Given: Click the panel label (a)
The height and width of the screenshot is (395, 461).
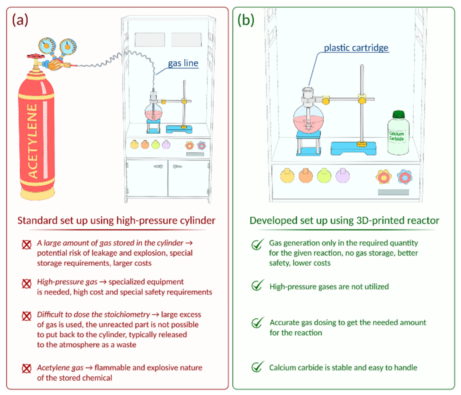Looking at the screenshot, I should pyautogui.click(x=20, y=20).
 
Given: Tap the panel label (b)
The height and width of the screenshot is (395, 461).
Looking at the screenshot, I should pyautogui.click(x=246, y=20).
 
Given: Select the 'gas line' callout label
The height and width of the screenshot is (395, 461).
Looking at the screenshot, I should pyautogui.click(x=183, y=63).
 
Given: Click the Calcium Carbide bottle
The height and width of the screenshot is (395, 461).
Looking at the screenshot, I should pyautogui.click(x=398, y=135).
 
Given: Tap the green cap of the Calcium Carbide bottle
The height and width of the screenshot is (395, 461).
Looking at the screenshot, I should pyautogui.click(x=399, y=114).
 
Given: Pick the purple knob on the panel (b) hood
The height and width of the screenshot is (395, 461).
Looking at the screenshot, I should pyautogui.click(x=342, y=176).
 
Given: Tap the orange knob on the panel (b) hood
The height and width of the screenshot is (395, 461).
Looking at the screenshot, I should pyautogui.click(x=306, y=176).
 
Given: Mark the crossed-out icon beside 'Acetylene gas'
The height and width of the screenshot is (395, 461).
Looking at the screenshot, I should pyautogui.click(x=26, y=368).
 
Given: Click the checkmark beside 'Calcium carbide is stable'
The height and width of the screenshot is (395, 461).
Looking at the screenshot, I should pyautogui.click(x=257, y=367).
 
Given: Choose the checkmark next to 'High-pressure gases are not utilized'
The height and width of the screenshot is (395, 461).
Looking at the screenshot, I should pyautogui.click(x=257, y=286).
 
